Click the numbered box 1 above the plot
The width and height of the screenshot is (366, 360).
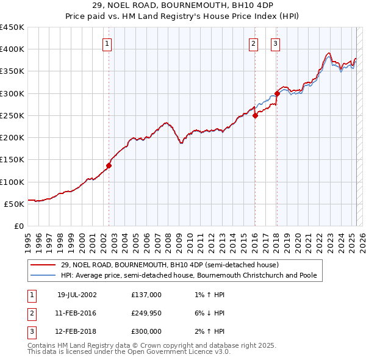(107, 43)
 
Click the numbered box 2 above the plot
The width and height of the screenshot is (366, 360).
(253, 43)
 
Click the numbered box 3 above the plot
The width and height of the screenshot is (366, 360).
(275, 43)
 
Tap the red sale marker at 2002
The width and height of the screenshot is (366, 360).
(109, 165)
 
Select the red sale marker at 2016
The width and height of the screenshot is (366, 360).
(255, 116)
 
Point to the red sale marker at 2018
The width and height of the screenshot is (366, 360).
(277, 93)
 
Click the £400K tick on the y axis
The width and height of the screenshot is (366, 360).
(12, 49)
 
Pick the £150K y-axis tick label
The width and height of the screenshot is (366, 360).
(12, 160)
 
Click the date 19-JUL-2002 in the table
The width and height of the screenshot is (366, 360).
(77, 295)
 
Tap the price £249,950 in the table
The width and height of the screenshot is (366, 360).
(146, 313)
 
